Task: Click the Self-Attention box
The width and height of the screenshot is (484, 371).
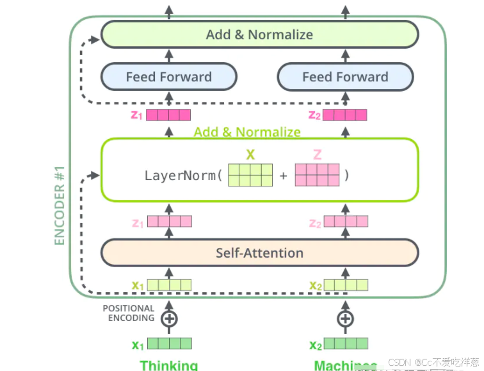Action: point(259,252)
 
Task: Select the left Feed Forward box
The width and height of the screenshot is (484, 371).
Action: point(169,77)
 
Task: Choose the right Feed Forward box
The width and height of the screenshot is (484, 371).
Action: point(345,77)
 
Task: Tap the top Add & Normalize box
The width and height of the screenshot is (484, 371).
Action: point(259,35)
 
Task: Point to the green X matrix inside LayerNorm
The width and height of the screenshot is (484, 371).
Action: point(251,175)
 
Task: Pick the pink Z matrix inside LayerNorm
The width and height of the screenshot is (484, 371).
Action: point(317,175)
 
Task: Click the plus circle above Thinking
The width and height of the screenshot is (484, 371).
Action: point(169,318)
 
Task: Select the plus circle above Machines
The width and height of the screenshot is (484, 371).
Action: point(345,318)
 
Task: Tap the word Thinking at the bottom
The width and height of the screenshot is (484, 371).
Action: point(169,365)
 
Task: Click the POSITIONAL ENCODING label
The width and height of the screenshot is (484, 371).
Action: point(129,313)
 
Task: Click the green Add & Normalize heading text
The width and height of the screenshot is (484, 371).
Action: point(247,132)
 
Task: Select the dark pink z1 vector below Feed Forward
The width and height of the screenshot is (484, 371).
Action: point(169,115)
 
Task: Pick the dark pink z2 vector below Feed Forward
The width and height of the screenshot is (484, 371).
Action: point(345,115)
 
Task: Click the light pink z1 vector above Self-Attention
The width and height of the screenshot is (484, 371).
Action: point(169,222)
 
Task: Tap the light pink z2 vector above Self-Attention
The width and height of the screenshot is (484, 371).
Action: point(346,222)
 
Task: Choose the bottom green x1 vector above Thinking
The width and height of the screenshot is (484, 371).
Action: point(169,343)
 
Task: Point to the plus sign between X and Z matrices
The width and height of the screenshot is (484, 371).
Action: point(284,175)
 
